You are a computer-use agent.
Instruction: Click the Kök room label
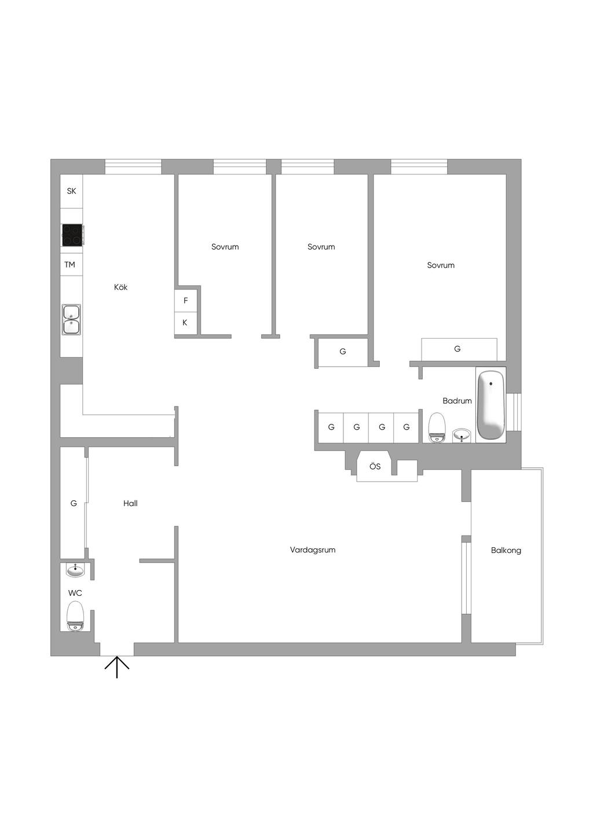tap(120, 287)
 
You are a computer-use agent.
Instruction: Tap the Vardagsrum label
tap(312, 550)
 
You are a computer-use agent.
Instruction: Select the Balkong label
tap(506, 550)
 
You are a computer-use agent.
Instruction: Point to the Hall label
tap(130, 503)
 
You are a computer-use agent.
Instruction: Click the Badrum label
tap(457, 401)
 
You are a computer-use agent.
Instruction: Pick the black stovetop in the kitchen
tap(72, 235)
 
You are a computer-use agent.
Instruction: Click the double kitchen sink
tap(71, 320)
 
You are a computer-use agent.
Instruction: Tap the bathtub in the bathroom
tap(490, 405)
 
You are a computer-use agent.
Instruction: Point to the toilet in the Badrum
tap(437, 427)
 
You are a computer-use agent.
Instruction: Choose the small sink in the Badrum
tap(463, 435)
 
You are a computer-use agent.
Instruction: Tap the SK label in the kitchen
tap(71, 191)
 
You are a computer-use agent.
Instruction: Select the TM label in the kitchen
tap(69, 265)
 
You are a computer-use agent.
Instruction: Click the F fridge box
tap(185, 301)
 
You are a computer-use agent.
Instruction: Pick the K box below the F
tap(185, 323)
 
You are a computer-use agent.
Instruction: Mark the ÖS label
tap(375, 466)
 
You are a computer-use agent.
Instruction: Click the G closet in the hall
tap(74, 503)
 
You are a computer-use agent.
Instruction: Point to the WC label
tap(75, 593)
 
